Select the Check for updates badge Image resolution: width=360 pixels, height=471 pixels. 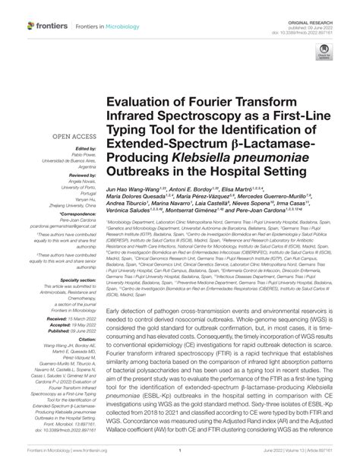(x=325, y=52)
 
